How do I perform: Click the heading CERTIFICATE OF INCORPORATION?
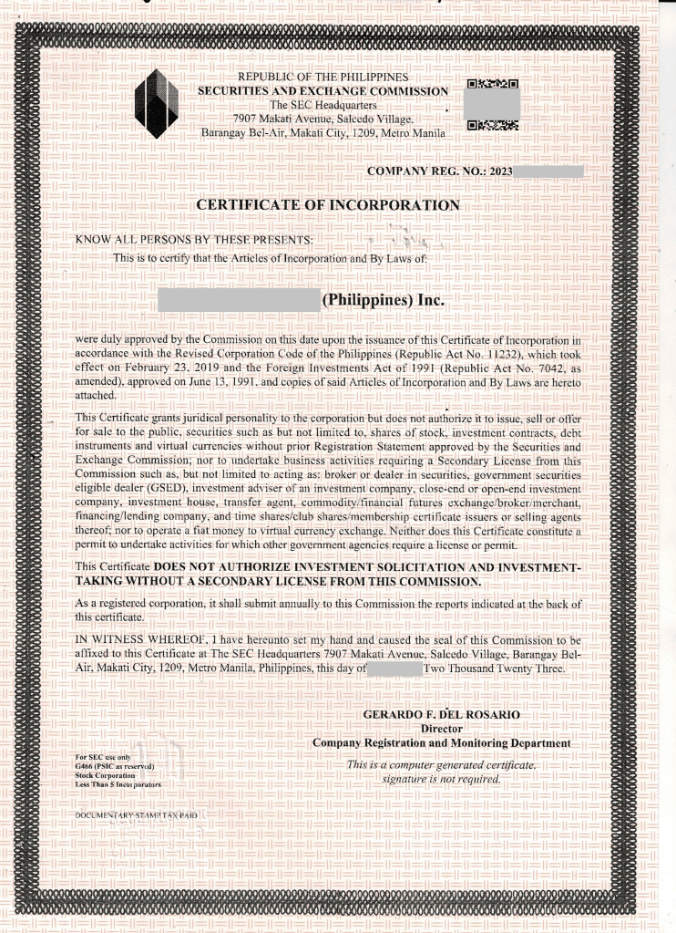click(x=328, y=205)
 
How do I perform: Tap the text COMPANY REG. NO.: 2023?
click(x=440, y=171)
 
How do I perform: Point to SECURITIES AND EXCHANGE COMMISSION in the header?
click(x=323, y=92)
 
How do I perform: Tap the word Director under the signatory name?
click(x=441, y=728)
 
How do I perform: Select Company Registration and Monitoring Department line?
click(x=441, y=743)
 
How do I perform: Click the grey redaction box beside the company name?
click(x=239, y=299)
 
